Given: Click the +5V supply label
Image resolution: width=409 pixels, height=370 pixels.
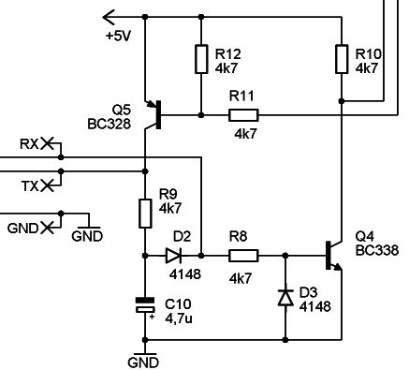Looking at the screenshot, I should point(120,37).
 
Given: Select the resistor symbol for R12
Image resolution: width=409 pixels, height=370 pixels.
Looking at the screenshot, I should point(201,58).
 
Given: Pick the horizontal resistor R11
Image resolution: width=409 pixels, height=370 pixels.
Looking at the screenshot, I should point(243,115).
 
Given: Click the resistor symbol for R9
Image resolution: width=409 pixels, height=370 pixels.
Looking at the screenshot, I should point(146,213).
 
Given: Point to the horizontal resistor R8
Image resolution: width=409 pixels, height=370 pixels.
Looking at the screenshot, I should point(243,254).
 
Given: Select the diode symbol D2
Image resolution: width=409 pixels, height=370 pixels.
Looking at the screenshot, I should point(174,254).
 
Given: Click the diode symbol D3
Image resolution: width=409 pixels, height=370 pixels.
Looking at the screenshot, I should point(286,298).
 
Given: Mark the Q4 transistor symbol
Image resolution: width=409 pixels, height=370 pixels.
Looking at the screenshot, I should point(331,255).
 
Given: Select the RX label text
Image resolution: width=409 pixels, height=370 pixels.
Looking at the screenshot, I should point(29,143).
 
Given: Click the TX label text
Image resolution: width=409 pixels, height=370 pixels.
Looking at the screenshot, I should point(29,186).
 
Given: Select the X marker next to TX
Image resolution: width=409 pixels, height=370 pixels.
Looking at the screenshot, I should point(48,186).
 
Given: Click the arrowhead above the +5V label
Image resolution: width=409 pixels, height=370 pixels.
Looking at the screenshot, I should point(107,15).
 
